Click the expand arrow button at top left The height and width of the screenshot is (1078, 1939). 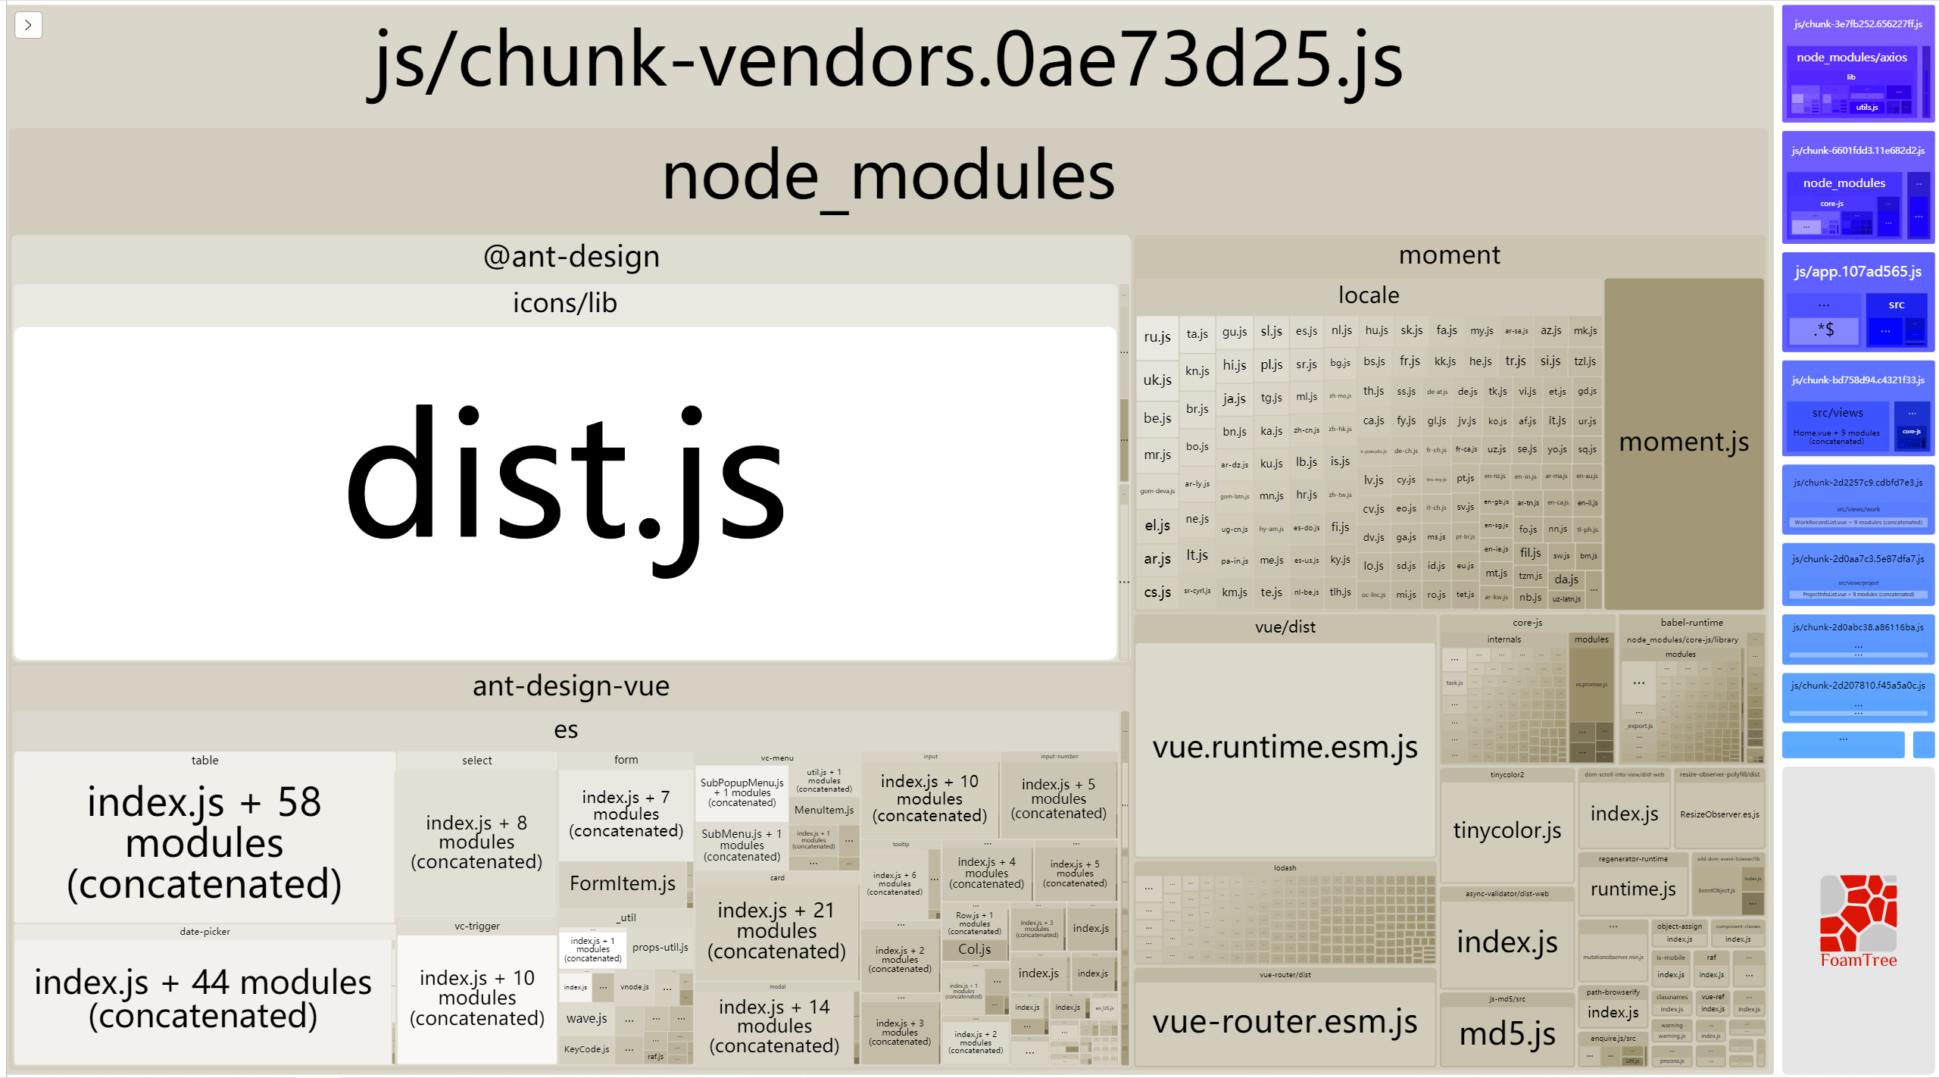tap(28, 25)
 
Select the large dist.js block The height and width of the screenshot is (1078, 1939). tap(565, 492)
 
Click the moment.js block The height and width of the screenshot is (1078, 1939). tap(1683, 442)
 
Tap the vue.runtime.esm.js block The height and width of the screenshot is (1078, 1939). tap(1285, 748)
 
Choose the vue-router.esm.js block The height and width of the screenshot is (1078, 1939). tap(1285, 1022)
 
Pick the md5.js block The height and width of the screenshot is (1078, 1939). tap(1507, 1034)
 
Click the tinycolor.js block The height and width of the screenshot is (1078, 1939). tap(1507, 831)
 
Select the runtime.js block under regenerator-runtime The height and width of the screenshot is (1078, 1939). tap(1632, 889)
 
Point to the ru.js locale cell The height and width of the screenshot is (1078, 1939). tap(1157, 337)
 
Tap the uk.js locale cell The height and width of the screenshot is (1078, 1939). tap(1157, 380)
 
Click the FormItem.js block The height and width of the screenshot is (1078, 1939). tap(622, 884)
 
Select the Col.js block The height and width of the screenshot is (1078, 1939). tap(974, 949)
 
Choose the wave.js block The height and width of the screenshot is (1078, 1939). tap(586, 1019)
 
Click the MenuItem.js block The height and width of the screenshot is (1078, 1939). tap(823, 811)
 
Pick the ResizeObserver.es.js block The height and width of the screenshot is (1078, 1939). tap(1719, 814)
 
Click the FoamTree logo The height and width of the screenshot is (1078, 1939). tap(1858, 921)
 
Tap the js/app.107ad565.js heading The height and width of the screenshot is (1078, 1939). tap(1857, 272)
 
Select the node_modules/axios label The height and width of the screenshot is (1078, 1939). tap(1851, 58)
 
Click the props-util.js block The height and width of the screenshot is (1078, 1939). tap(660, 948)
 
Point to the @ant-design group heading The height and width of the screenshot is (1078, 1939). tap(571, 257)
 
